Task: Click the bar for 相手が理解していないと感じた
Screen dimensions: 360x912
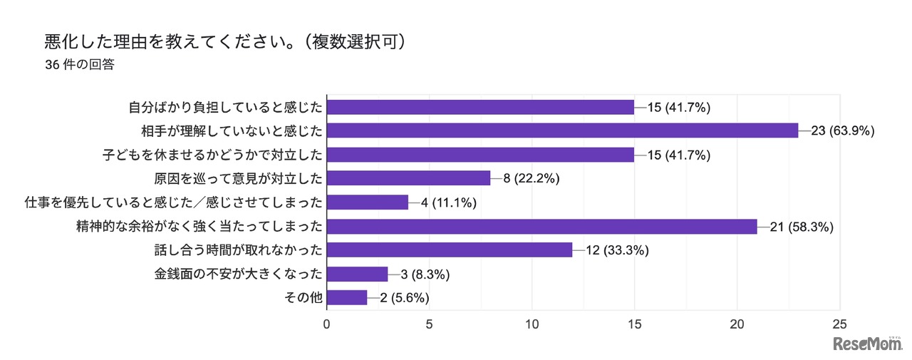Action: coord(562,130)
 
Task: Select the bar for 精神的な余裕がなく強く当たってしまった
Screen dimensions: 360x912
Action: coord(541,226)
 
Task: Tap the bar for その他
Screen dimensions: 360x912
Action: coord(347,298)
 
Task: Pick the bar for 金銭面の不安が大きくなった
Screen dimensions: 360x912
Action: coord(357,274)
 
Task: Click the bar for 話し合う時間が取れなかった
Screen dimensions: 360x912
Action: coord(450,250)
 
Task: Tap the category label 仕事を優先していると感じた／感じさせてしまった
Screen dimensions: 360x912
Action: coord(173,202)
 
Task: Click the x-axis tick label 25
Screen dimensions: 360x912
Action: coord(841,324)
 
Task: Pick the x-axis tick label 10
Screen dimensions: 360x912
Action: coord(532,324)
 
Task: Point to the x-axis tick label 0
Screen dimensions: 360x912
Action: coord(327,324)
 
